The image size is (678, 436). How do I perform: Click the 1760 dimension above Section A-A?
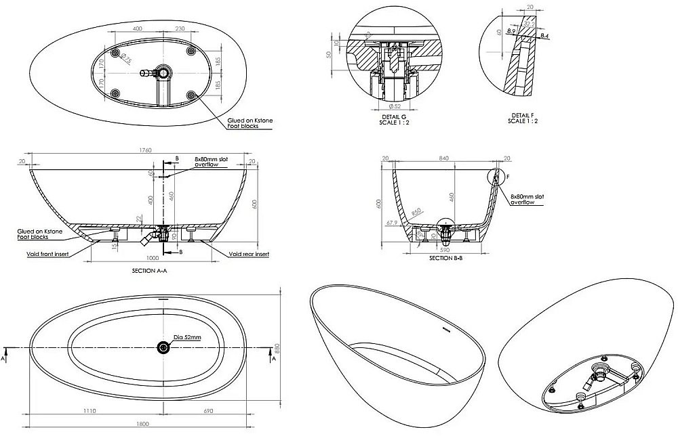(144, 150)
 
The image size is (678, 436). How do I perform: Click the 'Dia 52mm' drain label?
(187, 336)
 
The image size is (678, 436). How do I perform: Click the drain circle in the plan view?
(163, 347)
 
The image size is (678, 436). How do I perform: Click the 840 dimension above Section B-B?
(445, 158)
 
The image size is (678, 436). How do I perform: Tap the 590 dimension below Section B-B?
(444, 248)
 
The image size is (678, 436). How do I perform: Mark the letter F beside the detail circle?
(506, 177)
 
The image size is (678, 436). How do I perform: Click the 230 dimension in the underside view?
(180, 29)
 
